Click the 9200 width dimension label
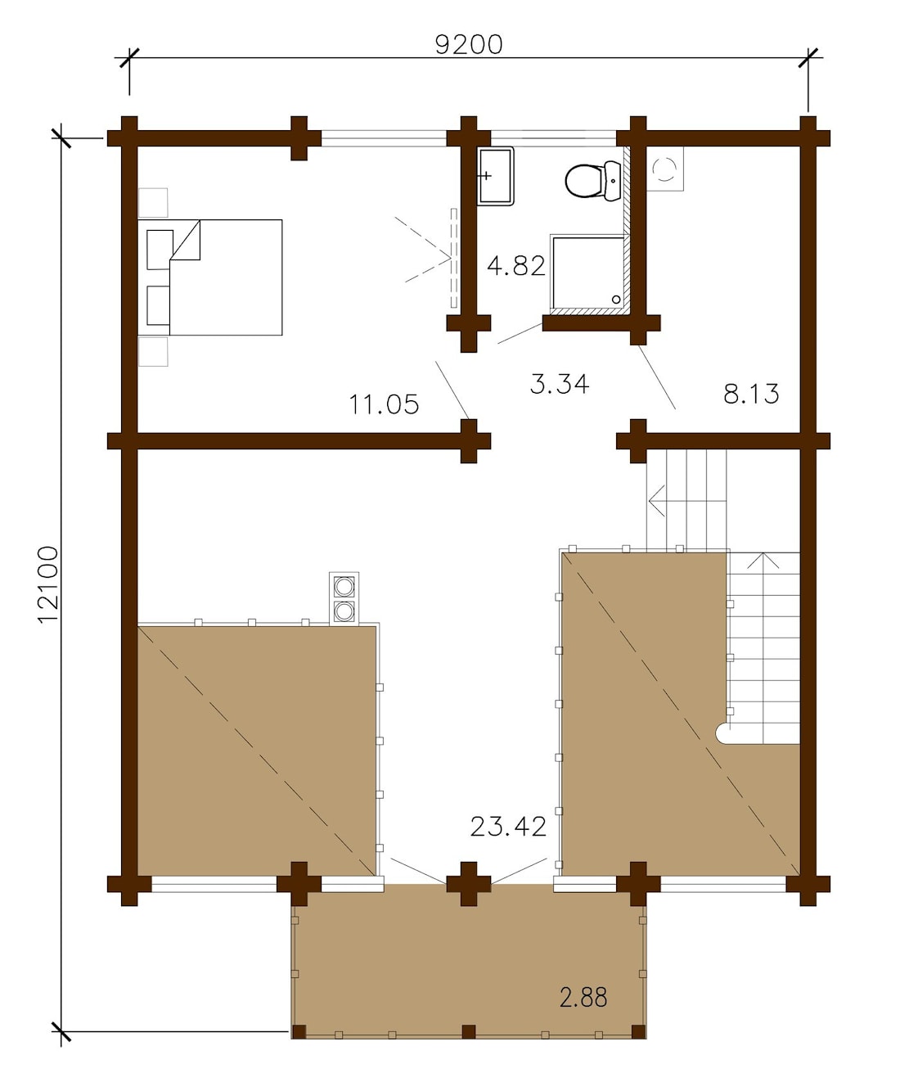coord(468,44)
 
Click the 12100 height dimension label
coord(48,584)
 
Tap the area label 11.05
coord(384,404)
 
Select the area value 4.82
coord(515,266)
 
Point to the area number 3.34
coord(560,384)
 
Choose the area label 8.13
coord(751,394)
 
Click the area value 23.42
coord(508,827)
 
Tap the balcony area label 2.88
coord(583,997)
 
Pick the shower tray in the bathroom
coord(587,273)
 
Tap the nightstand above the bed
coord(153,202)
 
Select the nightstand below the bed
coord(153,352)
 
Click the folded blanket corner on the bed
coord(187,242)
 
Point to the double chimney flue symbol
coord(344,598)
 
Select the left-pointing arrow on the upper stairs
coord(656,498)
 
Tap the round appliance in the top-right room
coord(664,169)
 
